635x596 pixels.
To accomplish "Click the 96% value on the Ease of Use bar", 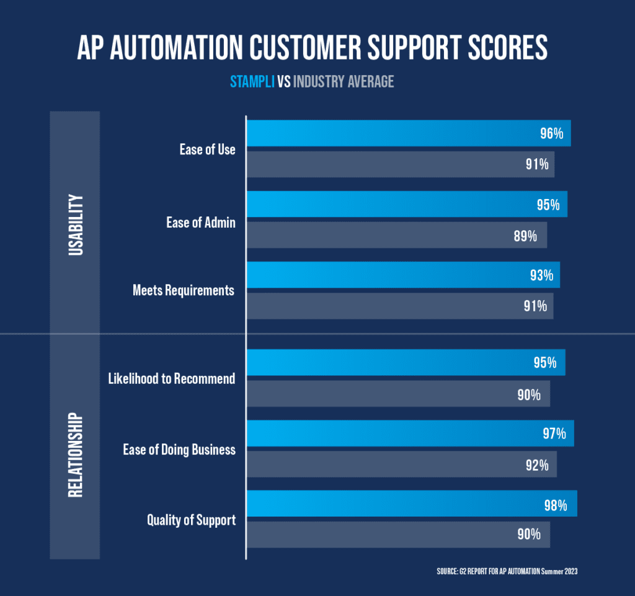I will [551, 134].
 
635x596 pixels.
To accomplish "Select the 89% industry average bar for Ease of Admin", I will [397, 236].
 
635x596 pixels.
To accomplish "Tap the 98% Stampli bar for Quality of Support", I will [412, 504].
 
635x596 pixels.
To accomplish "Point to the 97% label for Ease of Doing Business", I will [554, 434].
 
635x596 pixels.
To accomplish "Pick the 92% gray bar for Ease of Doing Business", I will [402, 465].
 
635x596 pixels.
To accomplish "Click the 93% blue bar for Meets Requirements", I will [403, 275].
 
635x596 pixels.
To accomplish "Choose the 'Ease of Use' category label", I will [207, 149].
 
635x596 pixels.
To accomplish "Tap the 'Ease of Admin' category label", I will [200, 222].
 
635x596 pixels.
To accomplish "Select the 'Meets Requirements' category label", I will [184, 290].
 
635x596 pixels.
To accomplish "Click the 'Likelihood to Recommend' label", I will [172, 378].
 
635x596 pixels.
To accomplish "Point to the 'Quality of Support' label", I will [191, 520].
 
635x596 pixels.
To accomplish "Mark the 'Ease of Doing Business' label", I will [179, 450].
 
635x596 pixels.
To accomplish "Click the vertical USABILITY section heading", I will [75, 225].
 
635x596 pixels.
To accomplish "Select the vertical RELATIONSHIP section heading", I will [75, 454].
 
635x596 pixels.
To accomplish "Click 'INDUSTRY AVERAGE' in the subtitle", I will [344, 81].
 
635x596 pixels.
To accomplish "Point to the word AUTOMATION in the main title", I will [202, 49].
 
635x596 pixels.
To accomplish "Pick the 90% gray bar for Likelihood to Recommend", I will [398, 394].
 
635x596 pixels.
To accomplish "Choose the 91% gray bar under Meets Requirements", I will [400, 306].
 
